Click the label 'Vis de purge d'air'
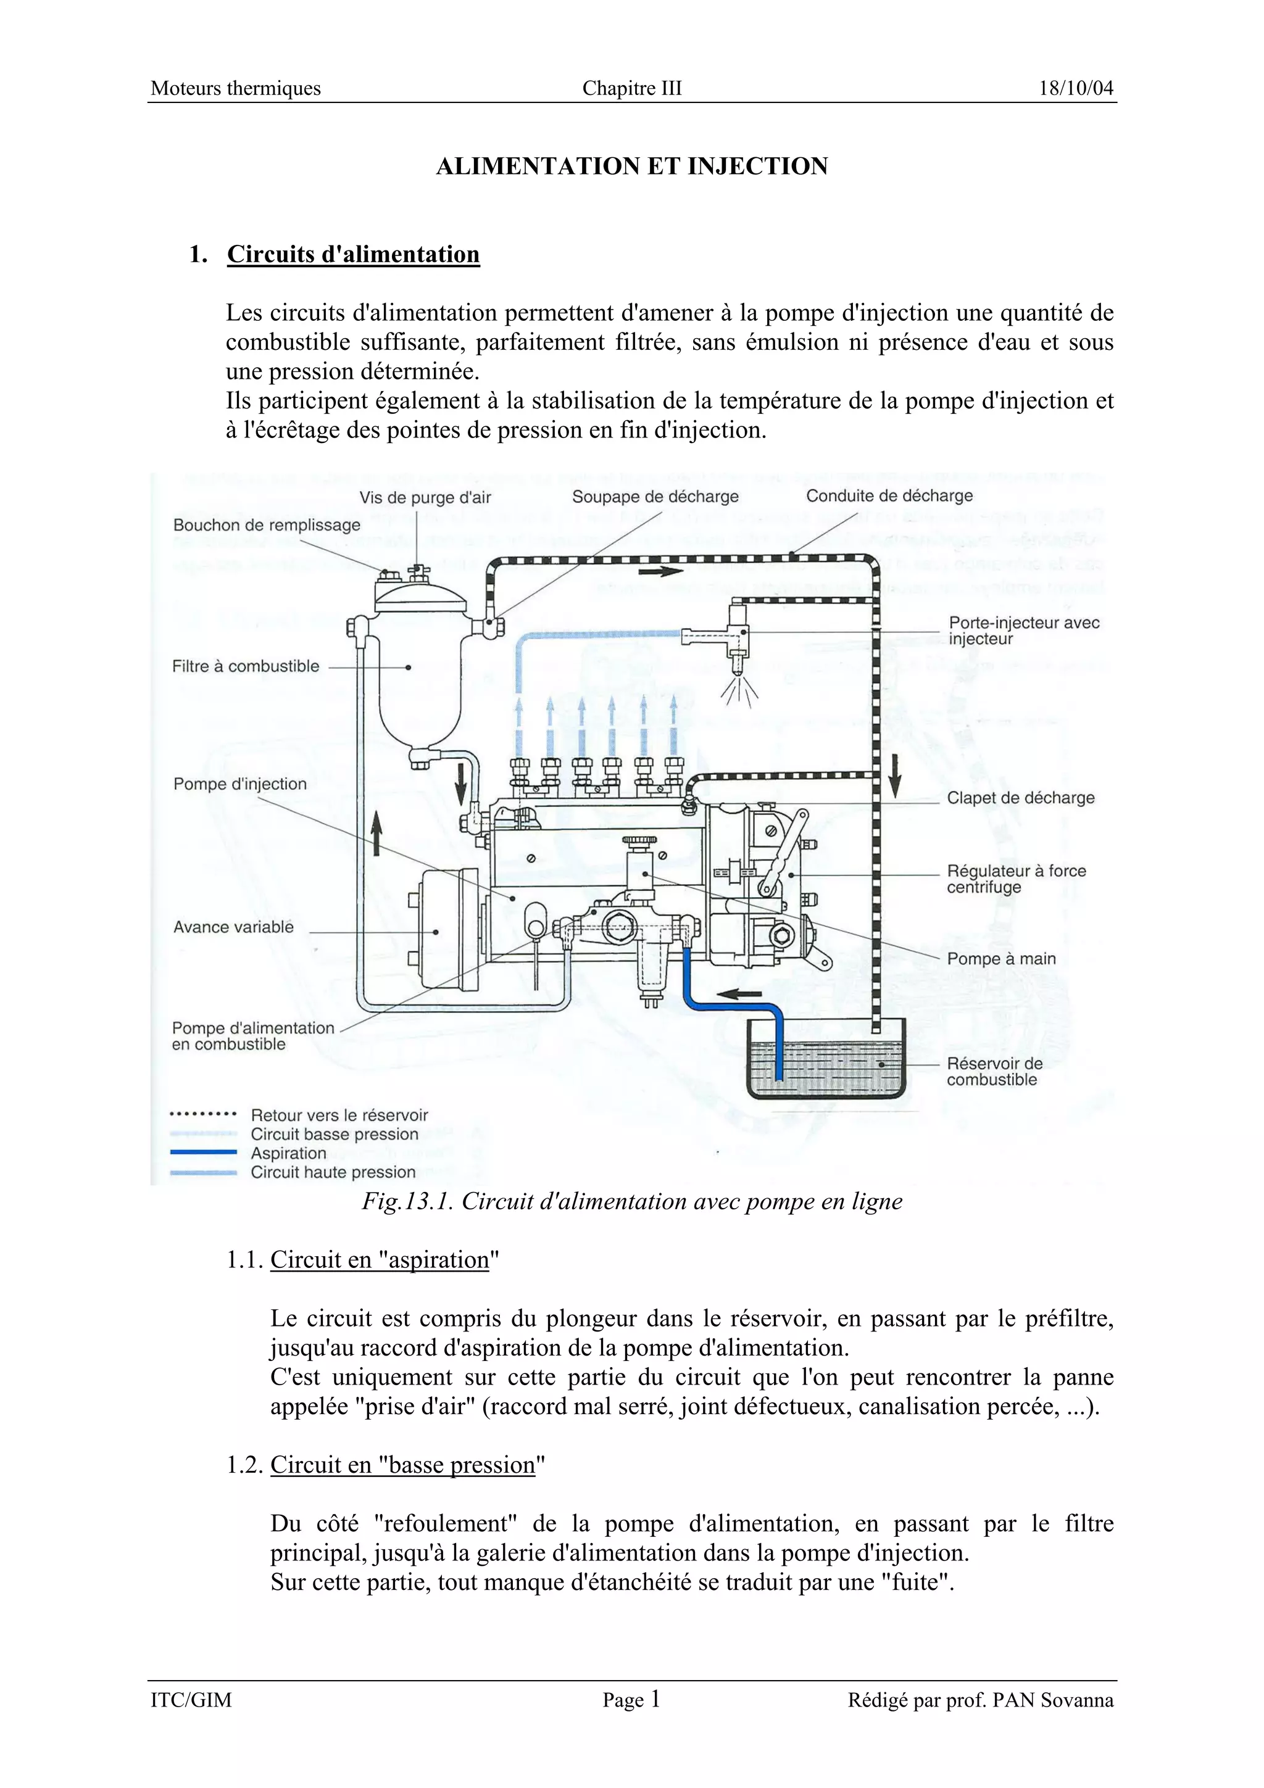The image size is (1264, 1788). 425,498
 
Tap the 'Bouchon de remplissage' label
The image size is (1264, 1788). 267,525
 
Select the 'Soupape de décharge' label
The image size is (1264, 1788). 655,497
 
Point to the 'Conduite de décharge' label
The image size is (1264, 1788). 889,496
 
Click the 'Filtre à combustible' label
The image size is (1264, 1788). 245,666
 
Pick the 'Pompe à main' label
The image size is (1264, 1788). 1000,959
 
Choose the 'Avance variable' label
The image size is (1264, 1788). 233,927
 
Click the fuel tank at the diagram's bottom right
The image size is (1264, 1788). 826,1063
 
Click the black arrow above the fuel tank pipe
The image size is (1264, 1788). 739,994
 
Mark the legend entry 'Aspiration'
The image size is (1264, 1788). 288,1153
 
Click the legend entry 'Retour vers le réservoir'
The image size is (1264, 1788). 339,1115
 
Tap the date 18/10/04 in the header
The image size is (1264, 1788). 1076,88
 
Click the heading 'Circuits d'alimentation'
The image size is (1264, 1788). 353,255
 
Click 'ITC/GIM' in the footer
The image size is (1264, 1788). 191,1700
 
